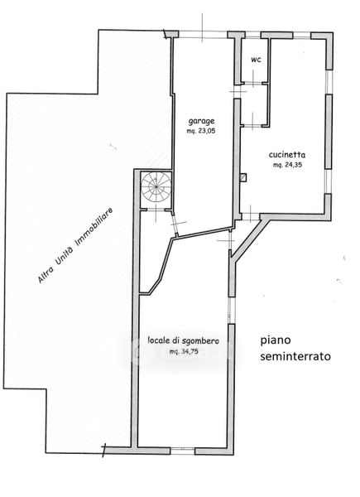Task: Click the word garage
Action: [x=202, y=121]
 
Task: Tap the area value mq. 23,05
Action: [x=201, y=130]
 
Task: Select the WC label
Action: [x=256, y=60]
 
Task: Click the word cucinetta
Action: [x=287, y=155]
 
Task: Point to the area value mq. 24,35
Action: [x=287, y=165]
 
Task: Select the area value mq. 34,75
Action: [x=184, y=351]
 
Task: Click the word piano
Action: [x=276, y=340]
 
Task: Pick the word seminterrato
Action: [x=295, y=356]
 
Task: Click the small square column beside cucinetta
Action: [x=243, y=177]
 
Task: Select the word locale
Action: [x=159, y=340]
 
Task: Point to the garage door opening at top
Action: [x=203, y=35]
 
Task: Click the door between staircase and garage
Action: [x=175, y=223]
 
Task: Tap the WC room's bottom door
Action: [x=252, y=126]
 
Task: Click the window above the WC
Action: [x=252, y=35]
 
